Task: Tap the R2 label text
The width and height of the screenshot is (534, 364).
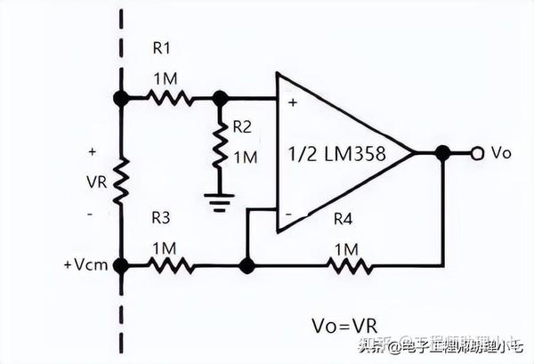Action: click(243, 127)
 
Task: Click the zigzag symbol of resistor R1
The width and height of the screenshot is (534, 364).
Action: click(170, 98)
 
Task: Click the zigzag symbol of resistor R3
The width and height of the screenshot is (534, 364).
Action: click(170, 264)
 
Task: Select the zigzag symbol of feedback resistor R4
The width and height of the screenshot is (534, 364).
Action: click(349, 264)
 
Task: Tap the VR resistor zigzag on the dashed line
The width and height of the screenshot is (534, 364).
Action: click(120, 181)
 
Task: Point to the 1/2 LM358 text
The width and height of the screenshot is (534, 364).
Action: click(336, 153)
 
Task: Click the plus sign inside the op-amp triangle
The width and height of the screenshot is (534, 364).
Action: click(291, 103)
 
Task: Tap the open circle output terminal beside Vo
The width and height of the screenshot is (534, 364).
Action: click(476, 153)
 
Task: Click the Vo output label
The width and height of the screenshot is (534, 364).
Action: click(502, 153)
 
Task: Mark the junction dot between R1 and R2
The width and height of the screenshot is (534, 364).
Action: click(219, 98)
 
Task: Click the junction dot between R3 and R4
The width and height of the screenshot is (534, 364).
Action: click(248, 264)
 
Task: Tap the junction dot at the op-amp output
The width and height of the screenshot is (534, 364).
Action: click(442, 153)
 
